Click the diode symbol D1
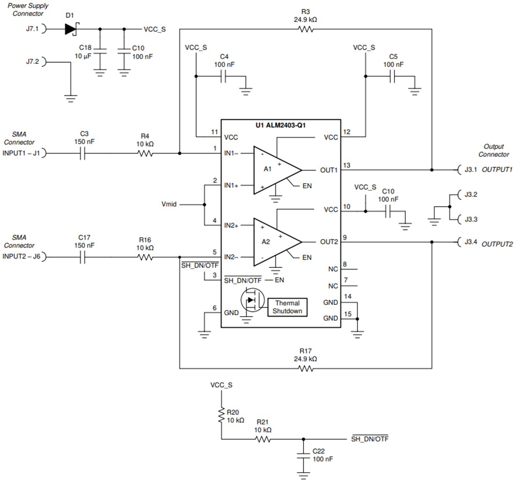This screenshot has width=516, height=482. pyautogui.click(x=71, y=29)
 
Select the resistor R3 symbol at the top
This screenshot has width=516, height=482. pyautogui.click(x=305, y=29)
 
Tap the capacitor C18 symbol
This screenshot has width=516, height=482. pyautogui.click(x=99, y=52)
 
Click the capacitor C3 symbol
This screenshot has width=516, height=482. pyautogui.click(x=82, y=153)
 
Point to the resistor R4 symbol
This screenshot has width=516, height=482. pyautogui.click(x=146, y=153)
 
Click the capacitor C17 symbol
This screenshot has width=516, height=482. pyautogui.click(x=82, y=257)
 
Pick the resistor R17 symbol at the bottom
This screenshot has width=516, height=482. pyautogui.click(x=305, y=369)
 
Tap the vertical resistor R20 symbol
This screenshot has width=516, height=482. pyautogui.click(x=221, y=416)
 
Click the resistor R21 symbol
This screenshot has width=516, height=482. pyautogui.click(x=262, y=440)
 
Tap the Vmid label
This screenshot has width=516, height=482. pyautogui.click(x=169, y=205)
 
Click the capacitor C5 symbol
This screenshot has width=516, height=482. pyautogui.click(x=393, y=76)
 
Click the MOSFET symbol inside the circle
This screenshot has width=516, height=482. pyautogui.click(x=252, y=300)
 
